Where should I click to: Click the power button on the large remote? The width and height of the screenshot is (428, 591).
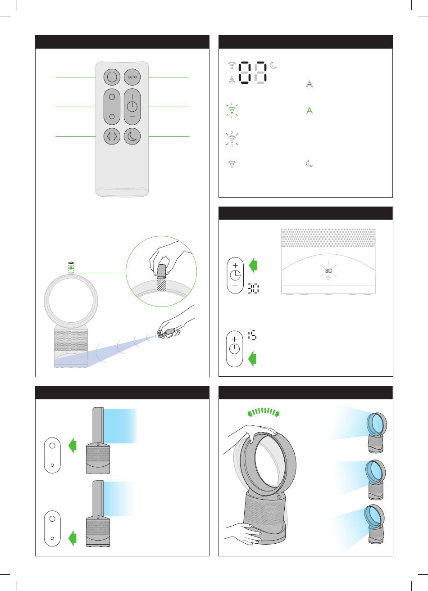(112, 77)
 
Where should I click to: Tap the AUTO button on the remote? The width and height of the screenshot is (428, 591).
(132, 77)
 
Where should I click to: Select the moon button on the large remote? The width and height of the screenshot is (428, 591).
(132, 136)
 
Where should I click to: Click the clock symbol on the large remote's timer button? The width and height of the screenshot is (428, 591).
(132, 107)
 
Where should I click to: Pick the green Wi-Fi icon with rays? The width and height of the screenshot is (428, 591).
(232, 110)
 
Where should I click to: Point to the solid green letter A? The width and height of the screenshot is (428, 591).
(310, 110)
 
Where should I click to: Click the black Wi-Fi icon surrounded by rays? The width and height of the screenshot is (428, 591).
(232, 139)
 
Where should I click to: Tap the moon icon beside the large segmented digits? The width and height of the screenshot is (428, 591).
(273, 65)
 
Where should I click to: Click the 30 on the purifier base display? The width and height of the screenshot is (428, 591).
(328, 271)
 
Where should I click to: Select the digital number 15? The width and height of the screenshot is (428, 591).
(252, 336)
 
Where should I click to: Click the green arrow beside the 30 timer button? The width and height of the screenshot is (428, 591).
(253, 265)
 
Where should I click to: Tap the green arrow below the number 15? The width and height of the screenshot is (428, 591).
(252, 359)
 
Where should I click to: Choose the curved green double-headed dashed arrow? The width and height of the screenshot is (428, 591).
(263, 412)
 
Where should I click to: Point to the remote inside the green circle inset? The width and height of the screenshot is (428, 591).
(161, 272)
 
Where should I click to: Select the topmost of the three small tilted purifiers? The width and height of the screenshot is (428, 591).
(377, 433)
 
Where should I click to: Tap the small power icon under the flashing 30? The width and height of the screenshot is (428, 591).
(328, 278)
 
